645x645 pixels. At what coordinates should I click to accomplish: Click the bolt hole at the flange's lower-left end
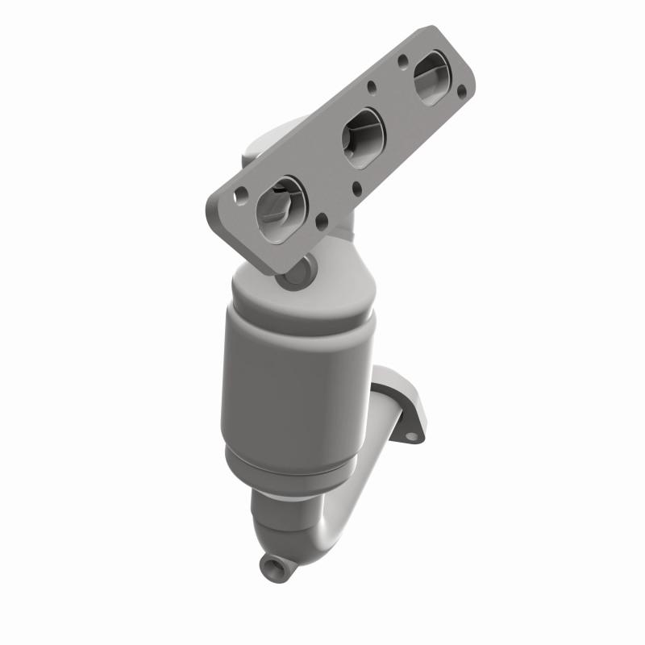pyautogui.click(x=241, y=194)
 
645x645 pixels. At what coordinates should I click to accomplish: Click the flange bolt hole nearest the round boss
pyautogui.click(x=322, y=218)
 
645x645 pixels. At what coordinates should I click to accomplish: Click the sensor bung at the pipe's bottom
pyautogui.click(x=268, y=566)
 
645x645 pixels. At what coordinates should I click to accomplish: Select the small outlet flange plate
pyautogui.click(x=399, y=403)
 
